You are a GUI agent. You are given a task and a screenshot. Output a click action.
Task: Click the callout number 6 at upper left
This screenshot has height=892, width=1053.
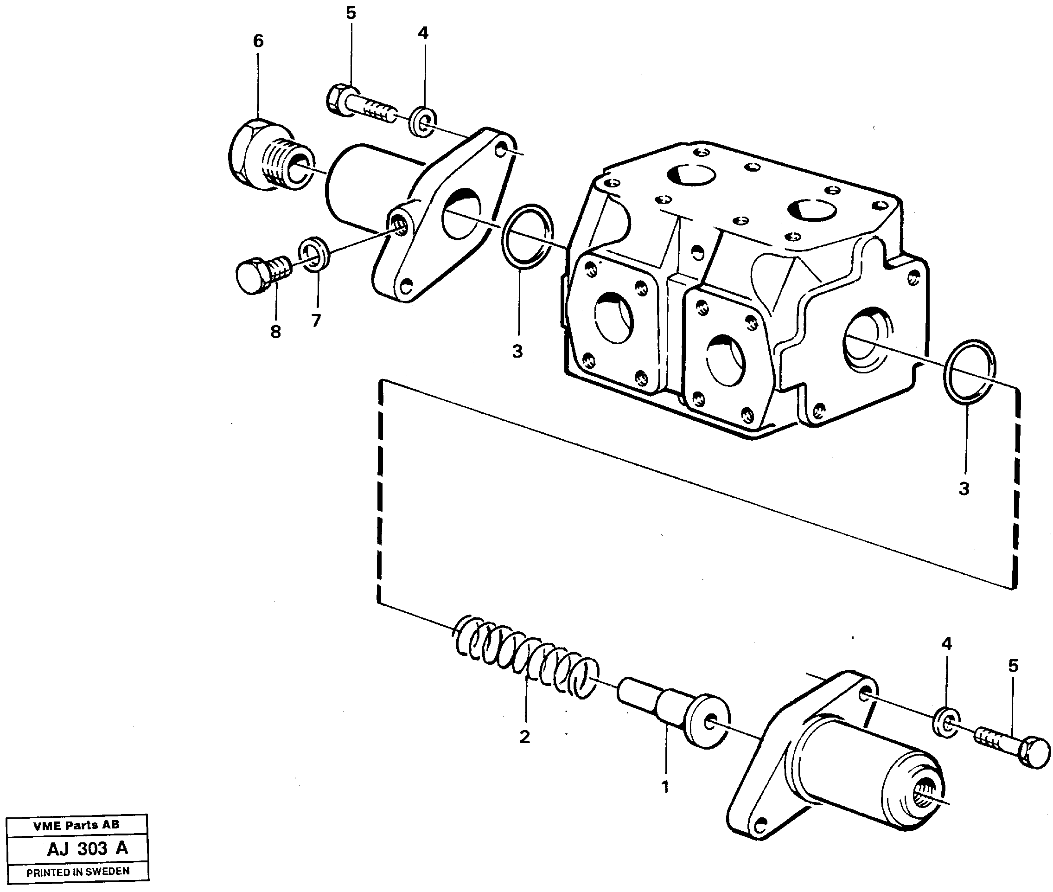pyautogui.click(x=258, y=41)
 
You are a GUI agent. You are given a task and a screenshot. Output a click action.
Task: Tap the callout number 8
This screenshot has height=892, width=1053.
pyautogui.click(x=275, y=332)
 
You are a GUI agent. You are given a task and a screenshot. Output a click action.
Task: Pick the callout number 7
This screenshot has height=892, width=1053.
pyautogui.click(x=316, y=320)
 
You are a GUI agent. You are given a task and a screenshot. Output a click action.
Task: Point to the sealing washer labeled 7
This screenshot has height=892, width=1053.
pyautogui.click(x=315, y=253)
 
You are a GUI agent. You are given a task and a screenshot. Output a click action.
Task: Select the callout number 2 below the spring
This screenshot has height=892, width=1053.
pyautogui.click(x=525, y=737)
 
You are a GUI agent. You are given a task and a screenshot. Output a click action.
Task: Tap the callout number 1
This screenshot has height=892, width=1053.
pyautogui.click(x=665, y=787)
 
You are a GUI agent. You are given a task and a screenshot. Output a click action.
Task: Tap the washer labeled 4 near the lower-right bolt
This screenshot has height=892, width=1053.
pyautogui.click(x=945, y=723)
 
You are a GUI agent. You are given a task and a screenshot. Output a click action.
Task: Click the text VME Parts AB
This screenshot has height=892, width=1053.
pyautogui.click(x=77, y=825)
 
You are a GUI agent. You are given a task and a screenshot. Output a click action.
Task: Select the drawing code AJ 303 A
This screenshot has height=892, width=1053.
pyautogui.click(x=87, y=848)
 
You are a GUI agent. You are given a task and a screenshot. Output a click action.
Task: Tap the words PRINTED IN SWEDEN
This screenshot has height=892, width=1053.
pyautogui.click(x=78, y=871)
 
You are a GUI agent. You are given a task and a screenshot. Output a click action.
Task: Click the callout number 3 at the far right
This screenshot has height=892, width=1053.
pyautogui.click(x=964, y=489)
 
